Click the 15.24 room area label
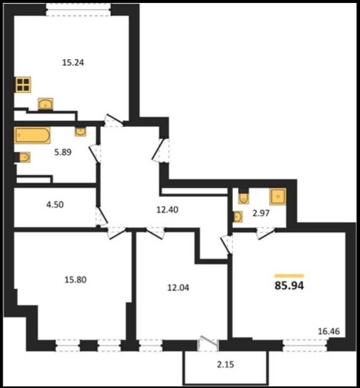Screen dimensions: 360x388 73,63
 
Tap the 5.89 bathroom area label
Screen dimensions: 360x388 63,152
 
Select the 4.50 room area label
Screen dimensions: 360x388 55,205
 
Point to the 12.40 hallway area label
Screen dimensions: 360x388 167,210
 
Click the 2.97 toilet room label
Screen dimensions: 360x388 261,213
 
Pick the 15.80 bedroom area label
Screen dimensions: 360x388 75,280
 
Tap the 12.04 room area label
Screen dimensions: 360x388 178,287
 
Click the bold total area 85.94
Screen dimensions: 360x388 289,286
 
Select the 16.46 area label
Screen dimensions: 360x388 329,331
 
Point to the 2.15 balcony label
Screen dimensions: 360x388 226,364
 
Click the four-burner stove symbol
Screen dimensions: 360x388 23,85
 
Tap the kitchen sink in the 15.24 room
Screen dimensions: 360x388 45,104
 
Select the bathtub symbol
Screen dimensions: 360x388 33,135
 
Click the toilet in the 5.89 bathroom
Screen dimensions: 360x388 24,157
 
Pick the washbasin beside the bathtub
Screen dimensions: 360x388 81,132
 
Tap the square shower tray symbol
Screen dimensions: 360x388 278,197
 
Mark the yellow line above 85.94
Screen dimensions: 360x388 289,276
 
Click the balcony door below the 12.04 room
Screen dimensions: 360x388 208,344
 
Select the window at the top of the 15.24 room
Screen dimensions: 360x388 78,10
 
